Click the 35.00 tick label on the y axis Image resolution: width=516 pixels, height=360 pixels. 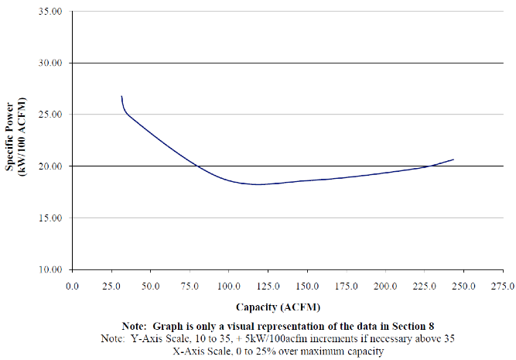pos(50,11)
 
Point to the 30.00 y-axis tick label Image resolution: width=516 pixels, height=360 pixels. pos(50,63)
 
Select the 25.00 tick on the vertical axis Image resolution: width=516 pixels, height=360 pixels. pos(50,115)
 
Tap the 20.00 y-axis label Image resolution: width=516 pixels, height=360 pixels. pos(50,166)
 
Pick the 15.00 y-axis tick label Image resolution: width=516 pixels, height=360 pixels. pos(50,218)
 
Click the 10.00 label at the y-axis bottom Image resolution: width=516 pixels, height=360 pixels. pos(50,269)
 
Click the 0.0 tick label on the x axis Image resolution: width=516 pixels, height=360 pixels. pos(73,286)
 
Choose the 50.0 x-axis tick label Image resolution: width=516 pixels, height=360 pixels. pos(150,286)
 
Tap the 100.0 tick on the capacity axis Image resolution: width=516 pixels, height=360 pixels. pos(229,286)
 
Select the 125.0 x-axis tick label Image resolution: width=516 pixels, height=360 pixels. pos(268,286)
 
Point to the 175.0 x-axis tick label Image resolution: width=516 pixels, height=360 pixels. pos(347,286)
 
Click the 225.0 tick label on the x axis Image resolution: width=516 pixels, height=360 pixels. pos(425,286)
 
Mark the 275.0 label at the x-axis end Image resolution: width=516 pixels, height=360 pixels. pos(503,286)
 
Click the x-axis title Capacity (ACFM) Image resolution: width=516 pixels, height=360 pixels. pos(278,307)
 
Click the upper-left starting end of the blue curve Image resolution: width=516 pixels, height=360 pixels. pos(121,96)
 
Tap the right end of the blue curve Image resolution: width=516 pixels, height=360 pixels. pos(453,159)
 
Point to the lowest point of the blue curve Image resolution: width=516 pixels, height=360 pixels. pos(258,184)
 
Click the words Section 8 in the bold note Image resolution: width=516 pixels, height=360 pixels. pos(413,326)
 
